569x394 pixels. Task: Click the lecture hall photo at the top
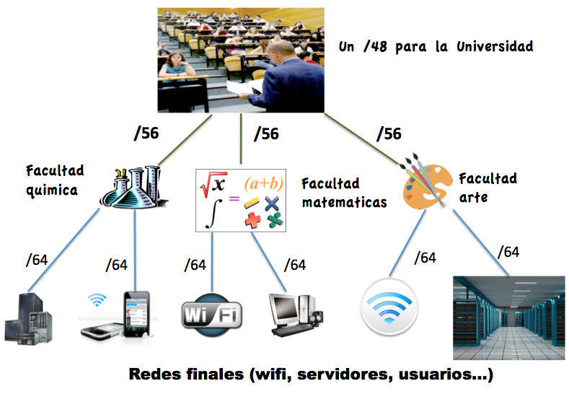(242, 58)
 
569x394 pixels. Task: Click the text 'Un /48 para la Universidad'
(436, 47)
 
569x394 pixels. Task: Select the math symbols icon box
(242, 200)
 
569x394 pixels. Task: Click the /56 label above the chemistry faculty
(146, 133)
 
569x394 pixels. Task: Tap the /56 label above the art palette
(389, 133)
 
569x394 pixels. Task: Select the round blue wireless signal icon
(389, 307)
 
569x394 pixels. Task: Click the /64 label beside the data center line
(508, 252)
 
